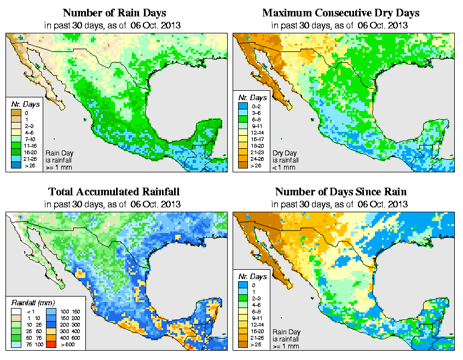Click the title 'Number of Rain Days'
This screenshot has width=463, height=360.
(114, 13)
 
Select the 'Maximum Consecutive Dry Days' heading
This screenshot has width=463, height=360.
(340, 13)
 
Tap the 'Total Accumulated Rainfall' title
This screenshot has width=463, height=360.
(114, 192)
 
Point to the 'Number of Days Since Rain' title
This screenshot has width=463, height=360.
(340, 192)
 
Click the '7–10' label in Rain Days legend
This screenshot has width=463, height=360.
(26, 140)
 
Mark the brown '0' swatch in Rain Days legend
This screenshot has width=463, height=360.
(15, 113)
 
